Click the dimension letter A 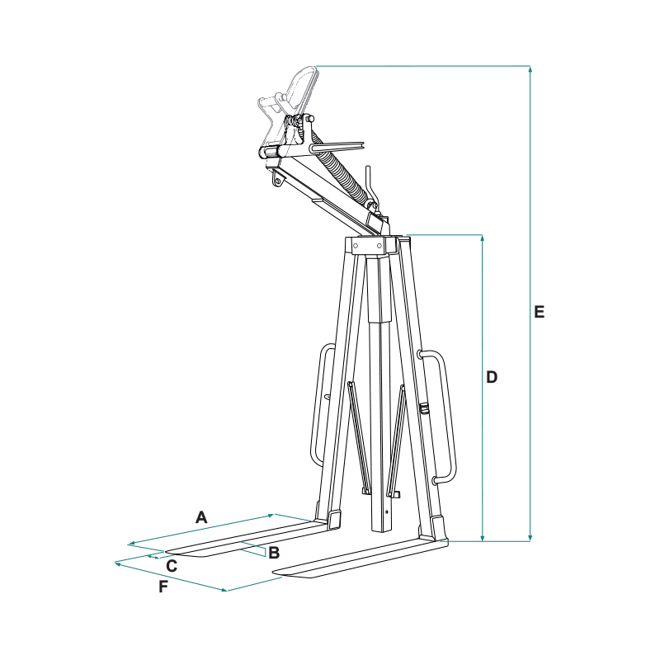(x=201, y=517)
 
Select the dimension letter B (x=274, y=553)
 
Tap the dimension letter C (x=172, y=566)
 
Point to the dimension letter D (x=492, y=377)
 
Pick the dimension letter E (x=539, y=312)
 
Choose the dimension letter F (x=163, y=587)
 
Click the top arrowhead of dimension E (x=530, y=69)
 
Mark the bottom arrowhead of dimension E (x=530, y=538)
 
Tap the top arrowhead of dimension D (x=483, y=238)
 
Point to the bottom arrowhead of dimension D (x=483, y=538)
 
